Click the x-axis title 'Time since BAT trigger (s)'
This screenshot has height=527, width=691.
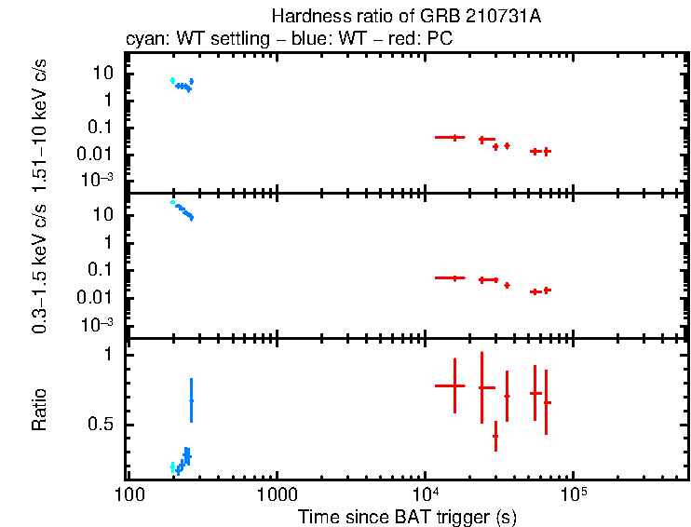tap(407, 516)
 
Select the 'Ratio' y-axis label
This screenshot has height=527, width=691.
tap(40, 409)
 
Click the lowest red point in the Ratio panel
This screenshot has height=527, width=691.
tap(495, 435)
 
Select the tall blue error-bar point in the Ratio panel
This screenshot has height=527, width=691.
tap(191, 399)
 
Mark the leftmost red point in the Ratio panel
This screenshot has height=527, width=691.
tap(454, 385)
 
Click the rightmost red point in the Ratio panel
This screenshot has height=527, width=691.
tap(546, 402)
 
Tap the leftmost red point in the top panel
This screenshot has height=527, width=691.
tap(454, 137)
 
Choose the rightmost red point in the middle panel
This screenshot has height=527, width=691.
tap(547, 290)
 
